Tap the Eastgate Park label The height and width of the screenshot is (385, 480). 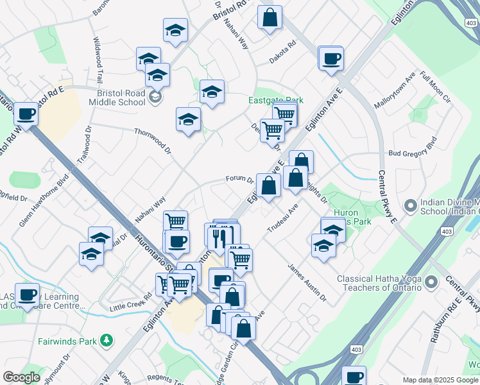[x=275, y=101]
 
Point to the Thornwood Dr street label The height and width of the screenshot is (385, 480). [x=152, y=141]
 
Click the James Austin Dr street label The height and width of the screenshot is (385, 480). [x=307, y=283]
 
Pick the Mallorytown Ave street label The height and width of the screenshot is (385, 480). [x=396, y=94]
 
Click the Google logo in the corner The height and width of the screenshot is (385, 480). [x=21, y=377]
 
